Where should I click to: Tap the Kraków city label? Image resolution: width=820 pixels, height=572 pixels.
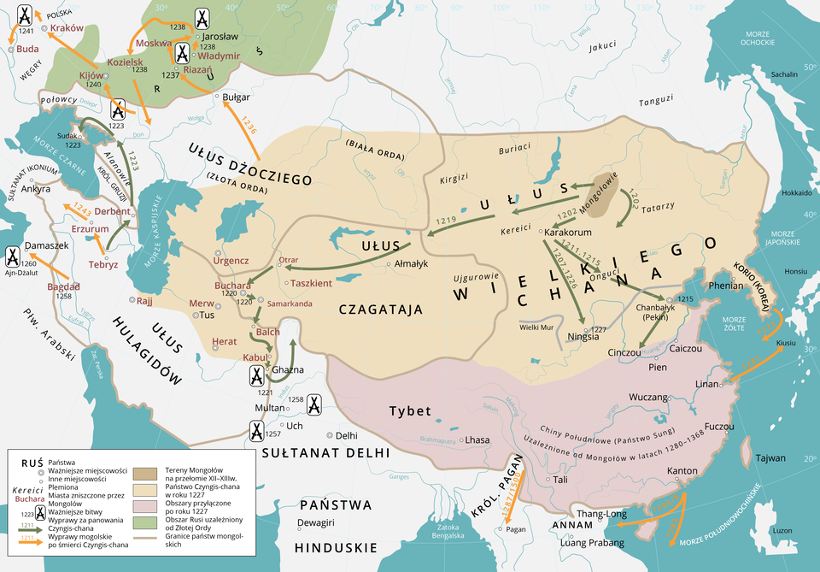pos(67,28)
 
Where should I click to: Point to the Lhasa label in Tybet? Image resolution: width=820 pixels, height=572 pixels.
pos(477,440)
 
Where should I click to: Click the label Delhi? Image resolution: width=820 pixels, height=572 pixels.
pos(346,435)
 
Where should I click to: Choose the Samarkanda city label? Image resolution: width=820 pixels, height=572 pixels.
pos(290,304)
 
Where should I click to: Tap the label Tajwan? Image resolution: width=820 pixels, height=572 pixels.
pos(770,458)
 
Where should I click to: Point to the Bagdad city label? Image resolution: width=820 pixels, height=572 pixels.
pos(64,286)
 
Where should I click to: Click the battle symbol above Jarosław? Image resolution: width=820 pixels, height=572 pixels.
pos(202,18)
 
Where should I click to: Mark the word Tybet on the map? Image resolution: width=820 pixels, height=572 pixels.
pos(410,411)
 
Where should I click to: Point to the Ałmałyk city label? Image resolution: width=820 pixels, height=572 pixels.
pos(414,264)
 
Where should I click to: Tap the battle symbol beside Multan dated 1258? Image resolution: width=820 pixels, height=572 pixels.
pos(314,404)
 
